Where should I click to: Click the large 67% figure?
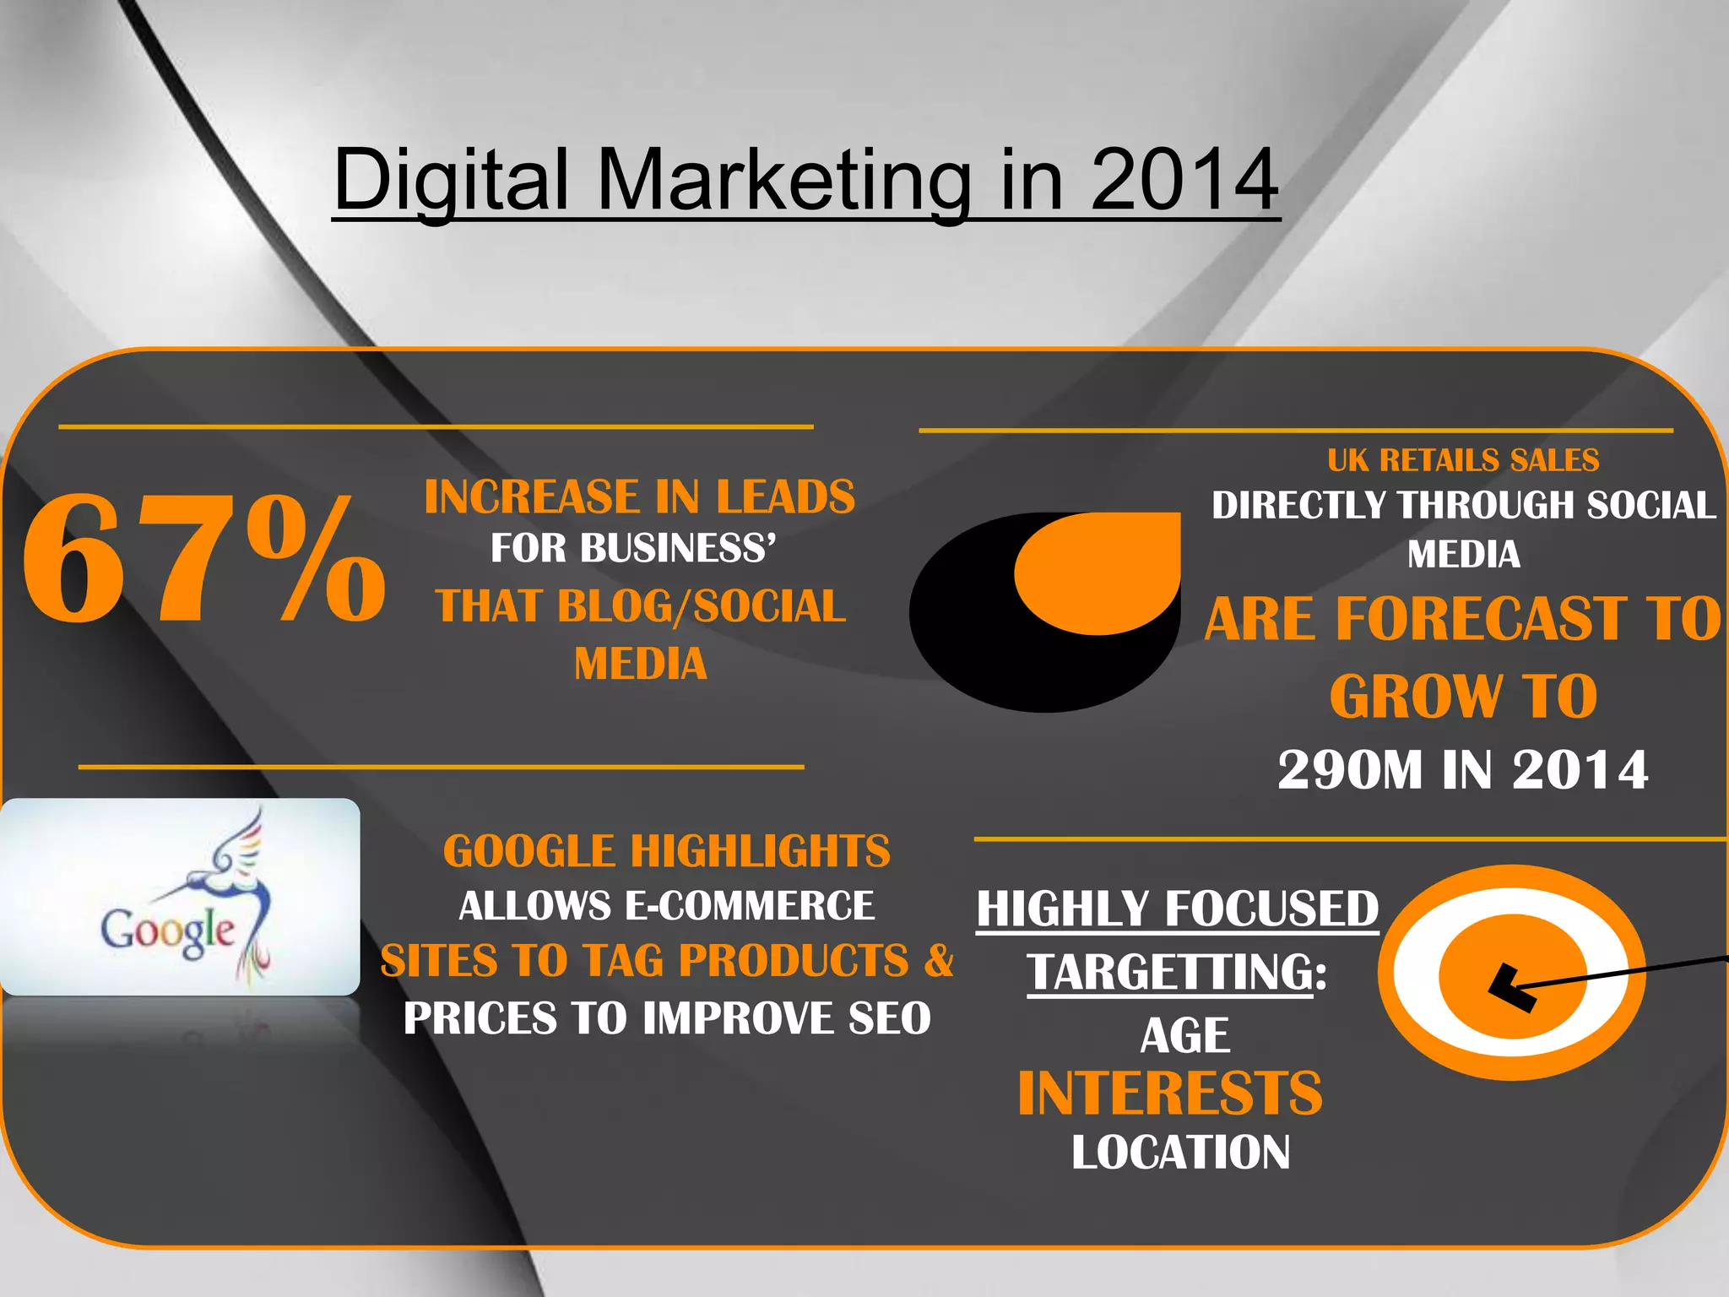click(x=203, y=559)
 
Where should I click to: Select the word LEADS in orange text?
click(x=785, y=497)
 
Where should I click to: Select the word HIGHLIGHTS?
click(x=760, y=851)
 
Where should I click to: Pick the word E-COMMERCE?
click(x=749, y=906)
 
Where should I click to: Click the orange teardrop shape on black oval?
click(x=1098, y=574)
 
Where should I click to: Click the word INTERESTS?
click(x=1170, y=1093)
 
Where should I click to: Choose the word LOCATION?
click(x=1180, y=1153)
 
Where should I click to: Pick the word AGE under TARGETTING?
click(x=1184, y=1036)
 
